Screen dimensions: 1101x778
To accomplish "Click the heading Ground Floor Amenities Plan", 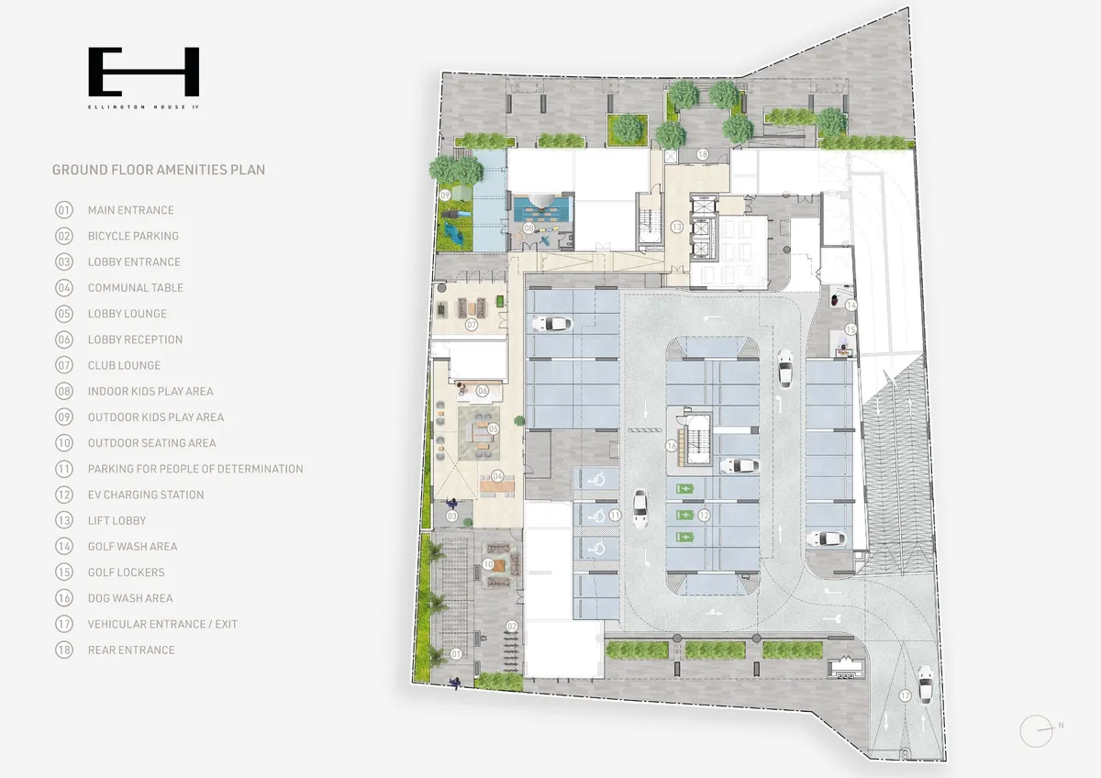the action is [x=159, y=170].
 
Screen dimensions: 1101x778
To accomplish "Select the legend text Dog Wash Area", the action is [x=130, y=598].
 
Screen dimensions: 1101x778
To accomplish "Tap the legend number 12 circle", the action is [x=64, y=495].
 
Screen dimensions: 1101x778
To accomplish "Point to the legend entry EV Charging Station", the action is [x=146, y=495].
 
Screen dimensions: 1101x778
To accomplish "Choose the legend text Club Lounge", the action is [x=125, y=365].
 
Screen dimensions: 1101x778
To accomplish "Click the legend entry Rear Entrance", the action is [x=131, y=650].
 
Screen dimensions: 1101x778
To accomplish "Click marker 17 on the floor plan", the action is [x=905, y=695].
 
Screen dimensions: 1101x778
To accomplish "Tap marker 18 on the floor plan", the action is [x=703, y=154].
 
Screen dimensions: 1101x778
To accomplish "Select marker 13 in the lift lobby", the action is [x=677, y=227].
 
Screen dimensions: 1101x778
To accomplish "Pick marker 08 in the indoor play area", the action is [x=528, y=228].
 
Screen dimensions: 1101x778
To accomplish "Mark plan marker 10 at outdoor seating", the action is [x=487, y=564].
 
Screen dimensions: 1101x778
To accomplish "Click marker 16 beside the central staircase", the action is [x=672, y=446].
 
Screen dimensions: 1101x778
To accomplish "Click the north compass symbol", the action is [x=1038, y=731].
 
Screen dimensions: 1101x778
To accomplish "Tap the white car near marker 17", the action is [x=925, y=684].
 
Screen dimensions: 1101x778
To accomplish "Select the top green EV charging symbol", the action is [x=684, y=489].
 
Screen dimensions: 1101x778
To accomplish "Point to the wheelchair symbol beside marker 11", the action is [x=596, y=516].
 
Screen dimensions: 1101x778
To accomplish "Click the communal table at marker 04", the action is [x=497, y=486].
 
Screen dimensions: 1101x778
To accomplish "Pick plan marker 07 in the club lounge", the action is [x=472, y=325].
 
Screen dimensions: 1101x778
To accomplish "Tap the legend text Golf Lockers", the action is [x=127, y=572].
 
